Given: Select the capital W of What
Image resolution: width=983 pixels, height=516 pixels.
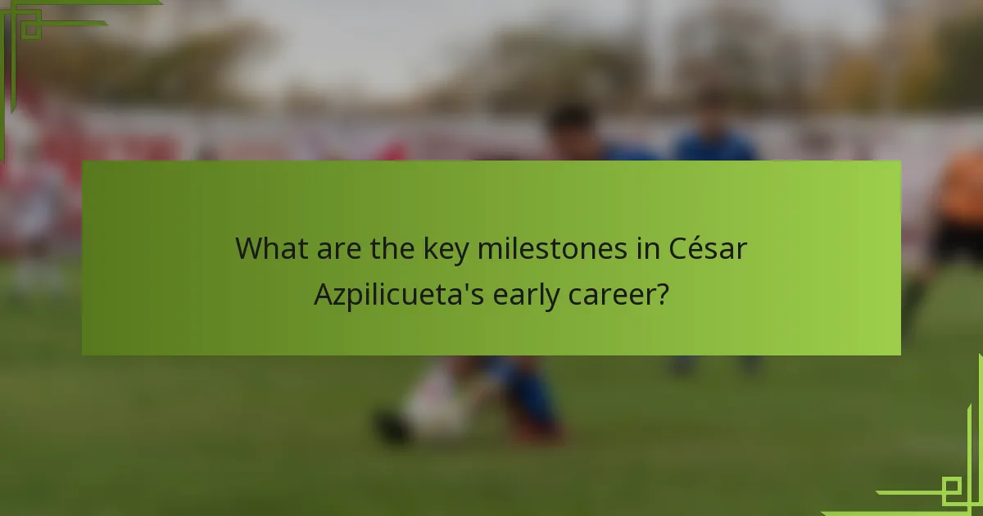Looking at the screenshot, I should pyautogui.click(x=248, y=248).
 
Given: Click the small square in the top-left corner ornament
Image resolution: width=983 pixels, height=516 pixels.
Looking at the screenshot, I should pyautogui.click(x=30, y=29).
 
